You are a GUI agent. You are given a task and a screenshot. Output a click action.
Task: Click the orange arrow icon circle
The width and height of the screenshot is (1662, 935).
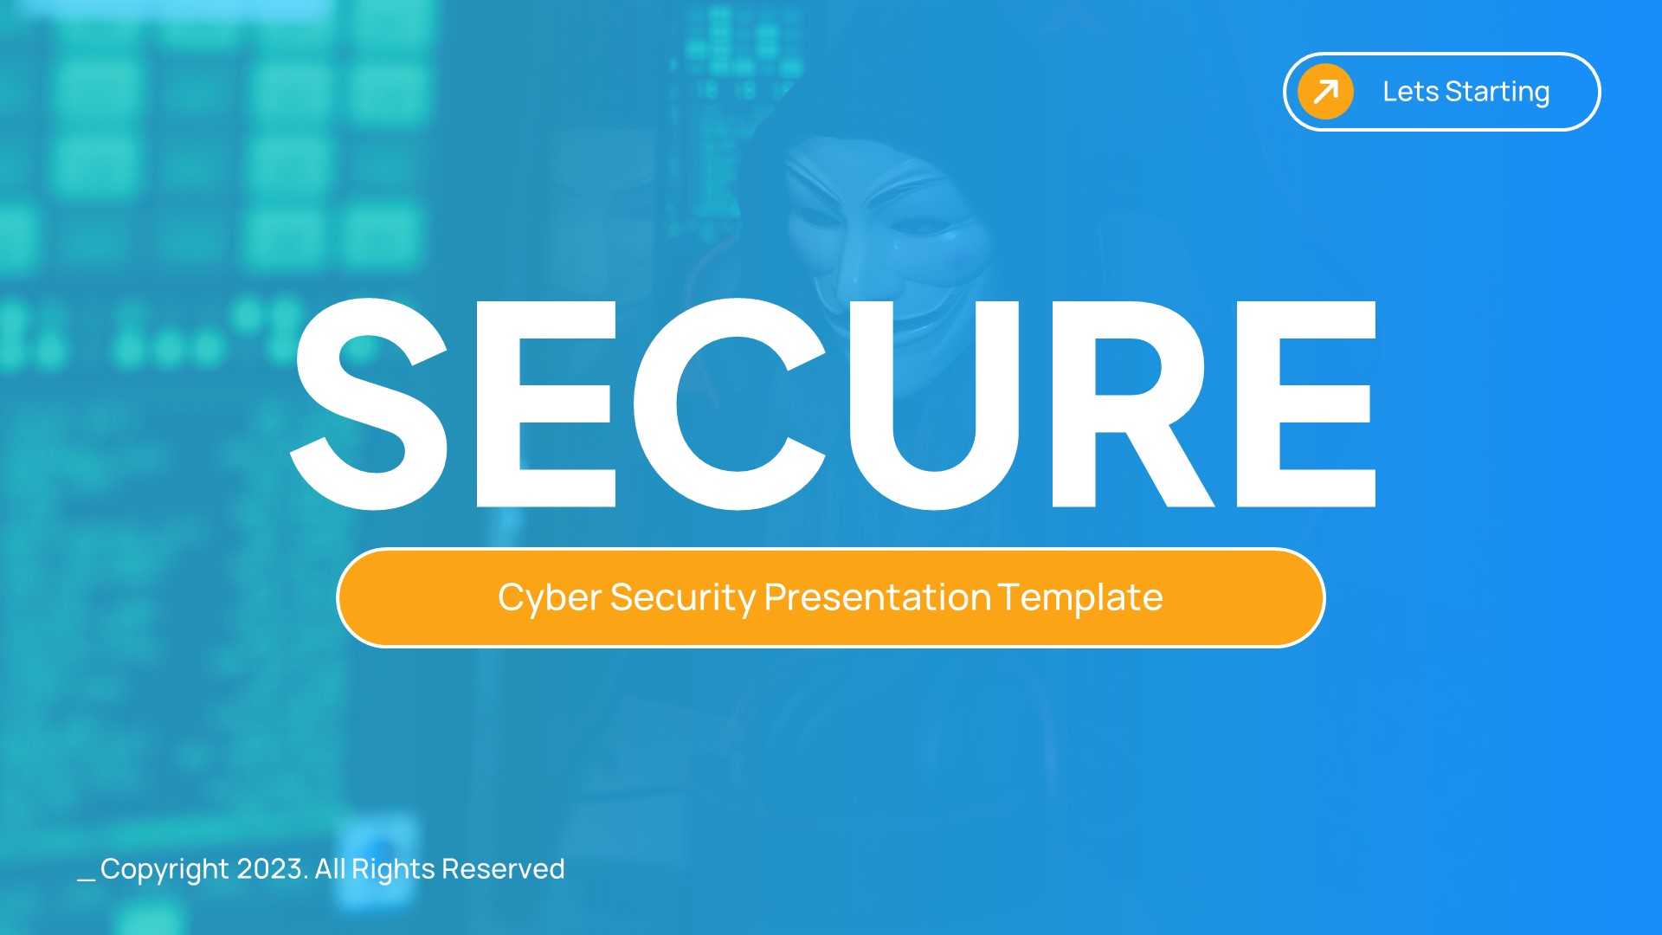point(1325,92)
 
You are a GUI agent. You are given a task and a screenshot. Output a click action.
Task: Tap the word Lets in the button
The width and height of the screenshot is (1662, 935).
point(1410,92)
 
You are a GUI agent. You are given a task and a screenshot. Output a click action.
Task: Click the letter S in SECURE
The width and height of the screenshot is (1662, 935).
point(370,405)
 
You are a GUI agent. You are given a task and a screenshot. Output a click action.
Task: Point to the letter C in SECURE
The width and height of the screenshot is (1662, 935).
point(727,405)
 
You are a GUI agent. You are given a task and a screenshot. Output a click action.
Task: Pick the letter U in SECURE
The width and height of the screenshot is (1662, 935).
point(935,405)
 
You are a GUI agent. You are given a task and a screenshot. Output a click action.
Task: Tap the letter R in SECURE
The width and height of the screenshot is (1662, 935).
point(1125,405)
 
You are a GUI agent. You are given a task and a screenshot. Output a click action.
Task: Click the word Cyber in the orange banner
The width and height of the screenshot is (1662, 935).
point(550,598)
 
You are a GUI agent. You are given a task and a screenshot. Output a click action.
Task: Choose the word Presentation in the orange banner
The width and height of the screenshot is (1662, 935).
point(877,597)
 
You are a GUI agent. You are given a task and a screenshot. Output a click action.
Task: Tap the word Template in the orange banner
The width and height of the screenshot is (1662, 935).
point(1080,597)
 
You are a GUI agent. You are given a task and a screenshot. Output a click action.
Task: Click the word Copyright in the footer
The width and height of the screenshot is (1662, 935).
point(164,869)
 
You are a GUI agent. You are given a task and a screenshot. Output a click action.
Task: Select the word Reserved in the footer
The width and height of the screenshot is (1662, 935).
point(503,868)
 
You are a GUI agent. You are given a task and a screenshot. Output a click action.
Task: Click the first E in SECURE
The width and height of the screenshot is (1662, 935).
point(545,405)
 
